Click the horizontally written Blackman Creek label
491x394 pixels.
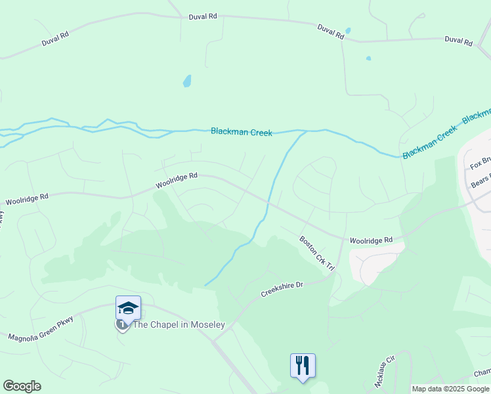[241, 132]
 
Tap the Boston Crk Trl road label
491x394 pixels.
[317, 254]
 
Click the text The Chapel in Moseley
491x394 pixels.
[179, 325]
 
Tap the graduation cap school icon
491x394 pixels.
[128, 308]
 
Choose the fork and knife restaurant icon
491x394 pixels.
[303, 365]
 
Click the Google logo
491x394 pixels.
[22, 386]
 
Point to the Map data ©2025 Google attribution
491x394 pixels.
[450, 389]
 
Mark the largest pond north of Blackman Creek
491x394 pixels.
[187, 81]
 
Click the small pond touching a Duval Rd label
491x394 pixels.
[348, 30]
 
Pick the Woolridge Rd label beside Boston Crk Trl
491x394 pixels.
[370, 240]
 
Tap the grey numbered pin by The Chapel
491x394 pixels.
[121, 324]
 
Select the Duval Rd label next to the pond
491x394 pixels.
[330, 32]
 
